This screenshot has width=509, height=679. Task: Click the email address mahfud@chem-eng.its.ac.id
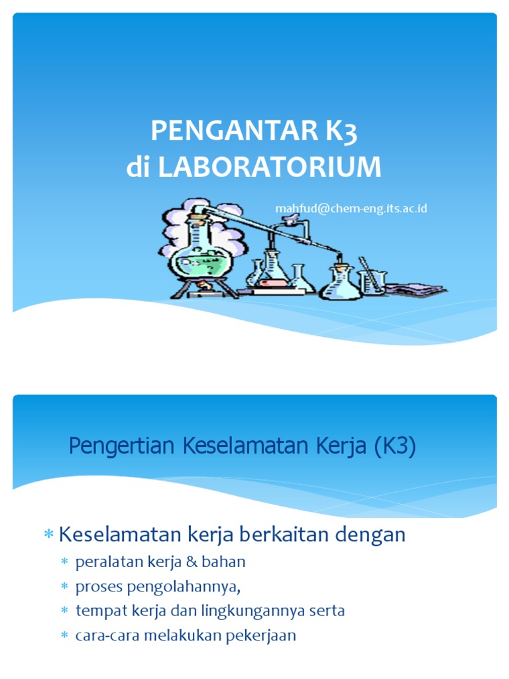pos(351,209)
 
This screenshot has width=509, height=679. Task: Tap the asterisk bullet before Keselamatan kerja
pos(48,535)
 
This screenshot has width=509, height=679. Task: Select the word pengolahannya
pos(176,586)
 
